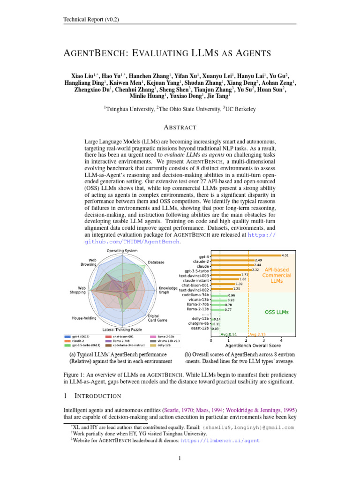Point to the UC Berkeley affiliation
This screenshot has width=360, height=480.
click(x=241, y=109)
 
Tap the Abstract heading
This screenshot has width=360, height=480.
click(x=180, y=127)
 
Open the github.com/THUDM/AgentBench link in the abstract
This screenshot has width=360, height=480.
click(x=132, y=242)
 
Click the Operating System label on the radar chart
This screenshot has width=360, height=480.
click(x=122, y=251)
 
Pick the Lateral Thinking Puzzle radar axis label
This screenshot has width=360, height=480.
click(x=122, y=330)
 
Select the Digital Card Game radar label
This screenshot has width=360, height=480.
click(x=157, y=319)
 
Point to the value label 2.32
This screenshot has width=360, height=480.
click(x=255, y=270)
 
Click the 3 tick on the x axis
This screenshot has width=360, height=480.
click(x=263, y=340)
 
